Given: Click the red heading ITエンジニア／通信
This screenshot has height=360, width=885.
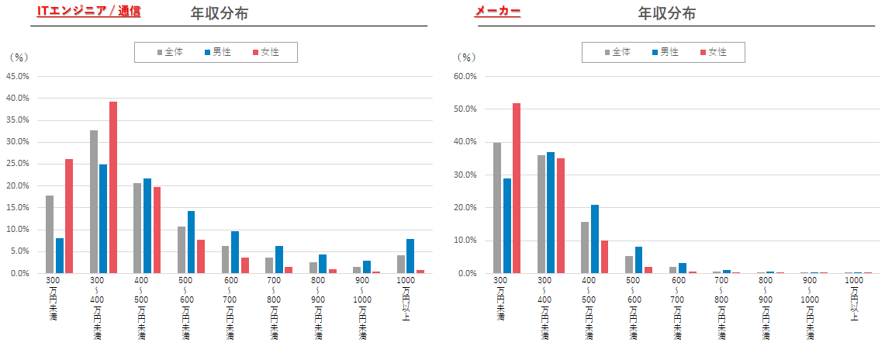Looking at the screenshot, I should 89,12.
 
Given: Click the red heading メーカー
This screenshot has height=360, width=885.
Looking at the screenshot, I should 497,12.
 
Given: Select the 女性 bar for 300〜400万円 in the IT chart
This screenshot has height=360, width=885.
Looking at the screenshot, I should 112,188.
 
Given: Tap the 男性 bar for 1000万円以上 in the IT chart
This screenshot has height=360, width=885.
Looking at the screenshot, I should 410,256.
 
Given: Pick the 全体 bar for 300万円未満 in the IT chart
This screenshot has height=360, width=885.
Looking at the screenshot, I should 50,234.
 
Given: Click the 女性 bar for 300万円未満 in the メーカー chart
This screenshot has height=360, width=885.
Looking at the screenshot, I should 517,189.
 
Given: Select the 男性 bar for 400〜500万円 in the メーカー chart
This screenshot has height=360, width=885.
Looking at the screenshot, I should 594,239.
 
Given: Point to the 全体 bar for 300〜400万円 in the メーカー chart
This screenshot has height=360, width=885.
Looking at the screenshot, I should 541,214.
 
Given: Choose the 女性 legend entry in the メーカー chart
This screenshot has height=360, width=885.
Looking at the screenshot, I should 713,52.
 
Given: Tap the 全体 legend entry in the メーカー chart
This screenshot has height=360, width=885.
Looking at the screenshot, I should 617,52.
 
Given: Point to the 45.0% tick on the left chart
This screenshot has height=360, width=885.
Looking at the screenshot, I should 18,76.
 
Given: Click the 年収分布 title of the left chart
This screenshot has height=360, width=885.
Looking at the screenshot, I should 220,13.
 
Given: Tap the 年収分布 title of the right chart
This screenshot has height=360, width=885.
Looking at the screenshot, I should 666,13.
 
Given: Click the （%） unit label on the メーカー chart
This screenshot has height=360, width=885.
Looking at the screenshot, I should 465,57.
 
